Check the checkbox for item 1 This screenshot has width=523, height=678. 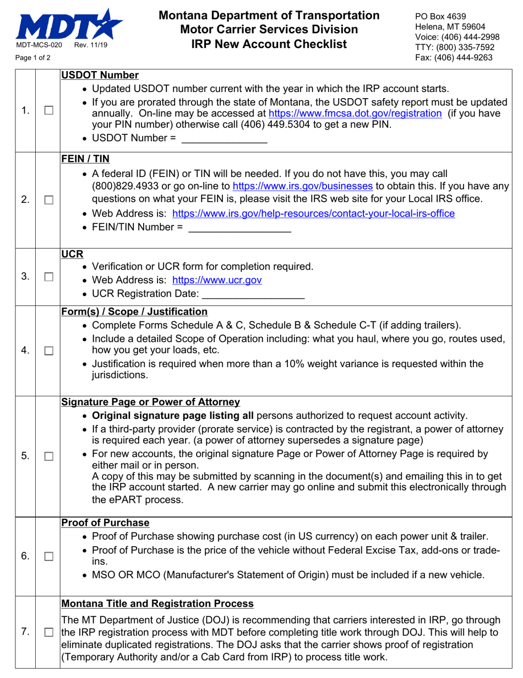48,111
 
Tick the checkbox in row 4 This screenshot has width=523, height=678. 48,351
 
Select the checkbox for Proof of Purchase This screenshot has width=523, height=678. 48,556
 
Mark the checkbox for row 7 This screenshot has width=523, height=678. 48,632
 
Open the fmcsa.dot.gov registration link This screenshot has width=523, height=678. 355,113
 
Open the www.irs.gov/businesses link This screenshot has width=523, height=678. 303,186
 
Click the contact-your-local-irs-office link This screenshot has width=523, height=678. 313,213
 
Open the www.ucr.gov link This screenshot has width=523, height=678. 217,280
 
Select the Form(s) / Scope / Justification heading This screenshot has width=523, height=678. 134,311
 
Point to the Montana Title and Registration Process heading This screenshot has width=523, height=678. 157,604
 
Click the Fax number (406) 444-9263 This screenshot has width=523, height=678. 454,57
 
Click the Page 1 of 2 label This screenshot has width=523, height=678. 33,57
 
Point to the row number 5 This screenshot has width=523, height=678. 25,456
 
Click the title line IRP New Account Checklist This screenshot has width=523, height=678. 269,44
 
